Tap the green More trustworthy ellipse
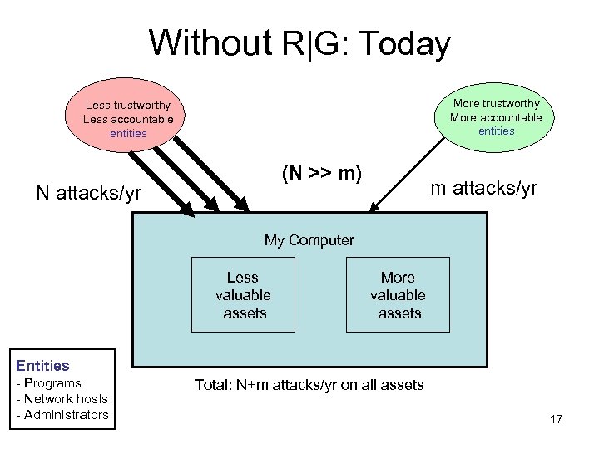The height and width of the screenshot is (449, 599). tap(496, 116)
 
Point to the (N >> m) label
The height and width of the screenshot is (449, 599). tap(321, 175)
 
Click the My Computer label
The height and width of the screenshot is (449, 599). tap(309, 240)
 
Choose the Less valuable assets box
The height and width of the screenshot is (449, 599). tap(243, 295)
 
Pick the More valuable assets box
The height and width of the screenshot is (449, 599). tap(398, 295)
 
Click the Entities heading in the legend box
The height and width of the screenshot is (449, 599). tap(43, 365)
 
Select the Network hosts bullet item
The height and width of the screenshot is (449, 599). tap(63, 399)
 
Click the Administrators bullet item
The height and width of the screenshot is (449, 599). tap(64, 415)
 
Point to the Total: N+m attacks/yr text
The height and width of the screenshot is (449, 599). tap(309, 384)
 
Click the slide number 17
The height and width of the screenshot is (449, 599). tap(556, 419)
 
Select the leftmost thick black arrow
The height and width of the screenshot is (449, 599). tap(166, 179)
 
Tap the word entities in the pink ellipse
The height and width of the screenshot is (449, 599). tap(127, 133)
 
